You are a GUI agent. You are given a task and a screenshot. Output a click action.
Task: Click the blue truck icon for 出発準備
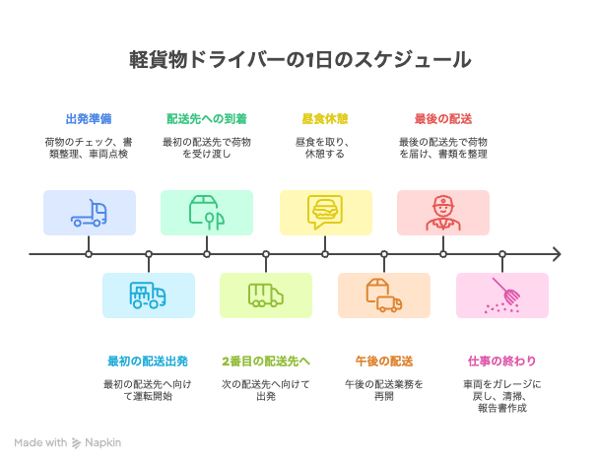[x=90, y=213]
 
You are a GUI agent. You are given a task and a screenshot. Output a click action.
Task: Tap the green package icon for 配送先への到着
[x=207, y=213]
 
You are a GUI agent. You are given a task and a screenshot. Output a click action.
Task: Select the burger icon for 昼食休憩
[x=325, y=213]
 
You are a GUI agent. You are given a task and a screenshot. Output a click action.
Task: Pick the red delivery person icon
[x=442, y=213]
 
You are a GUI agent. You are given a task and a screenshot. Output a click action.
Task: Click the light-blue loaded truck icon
[x=148, y=295]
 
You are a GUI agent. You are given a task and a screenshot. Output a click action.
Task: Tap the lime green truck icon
[x=266, y=295]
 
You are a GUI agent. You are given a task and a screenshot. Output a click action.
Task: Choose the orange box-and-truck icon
[x=383, y=295]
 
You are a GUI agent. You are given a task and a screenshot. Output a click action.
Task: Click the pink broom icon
[x=501, y=295]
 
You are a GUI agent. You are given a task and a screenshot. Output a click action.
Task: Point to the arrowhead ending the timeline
[x=558, y=254]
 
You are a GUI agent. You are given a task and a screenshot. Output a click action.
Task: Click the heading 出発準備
[x=89, y=119]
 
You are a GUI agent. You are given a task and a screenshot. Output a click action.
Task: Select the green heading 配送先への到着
[x=207, y=119]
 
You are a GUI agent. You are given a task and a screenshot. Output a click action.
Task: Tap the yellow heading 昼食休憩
[x=324, y=119]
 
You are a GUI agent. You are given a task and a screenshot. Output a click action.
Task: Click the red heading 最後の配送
[x=442, y=119]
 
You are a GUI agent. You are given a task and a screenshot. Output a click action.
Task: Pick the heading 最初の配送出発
[x=148, y=361]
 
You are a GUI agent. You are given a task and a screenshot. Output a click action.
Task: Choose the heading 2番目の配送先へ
[x=266, y=361]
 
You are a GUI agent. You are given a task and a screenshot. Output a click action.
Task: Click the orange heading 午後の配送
[x=383, y=361]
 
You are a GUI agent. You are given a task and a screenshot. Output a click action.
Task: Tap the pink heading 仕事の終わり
[x=501, y=361]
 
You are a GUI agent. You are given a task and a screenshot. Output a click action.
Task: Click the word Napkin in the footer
[x=103, y=442]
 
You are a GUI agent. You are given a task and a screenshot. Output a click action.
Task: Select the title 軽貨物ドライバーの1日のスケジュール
[x=298, y=60]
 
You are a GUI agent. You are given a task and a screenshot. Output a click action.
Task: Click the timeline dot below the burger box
[x=325, y=254]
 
